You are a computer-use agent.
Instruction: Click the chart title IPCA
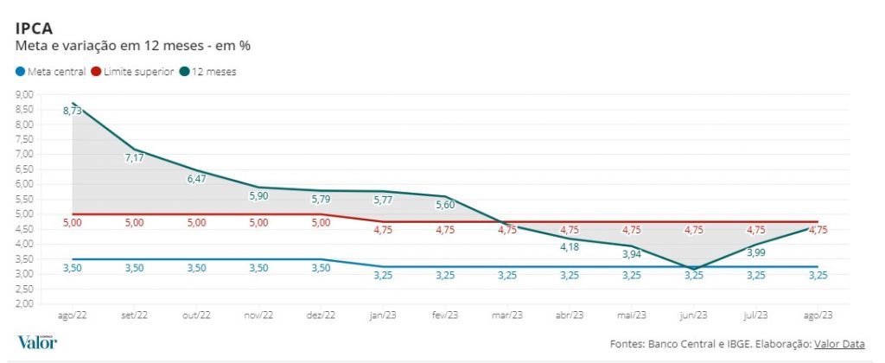[34, 28]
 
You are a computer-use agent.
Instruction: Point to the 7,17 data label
[135, 157]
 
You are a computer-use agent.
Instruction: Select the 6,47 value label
[197, 178]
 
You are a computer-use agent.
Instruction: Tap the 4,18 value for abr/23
[570, 247]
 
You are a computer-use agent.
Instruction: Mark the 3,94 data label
[632, 254]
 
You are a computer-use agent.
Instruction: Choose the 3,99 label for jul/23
[756, 252]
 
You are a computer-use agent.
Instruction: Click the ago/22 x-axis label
[73, 316]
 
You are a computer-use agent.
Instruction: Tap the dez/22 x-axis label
[321, 316]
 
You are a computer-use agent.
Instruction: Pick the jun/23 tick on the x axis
[694, 316]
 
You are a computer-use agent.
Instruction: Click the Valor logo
[37, 341]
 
